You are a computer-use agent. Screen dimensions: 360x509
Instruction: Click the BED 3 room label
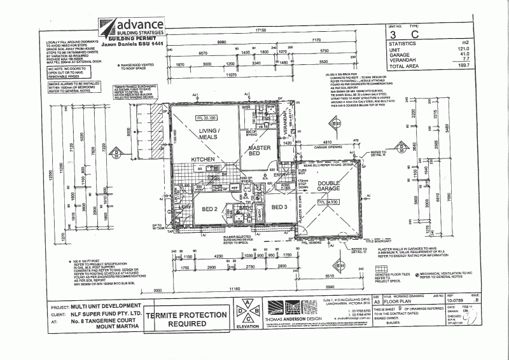(281, 207)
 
